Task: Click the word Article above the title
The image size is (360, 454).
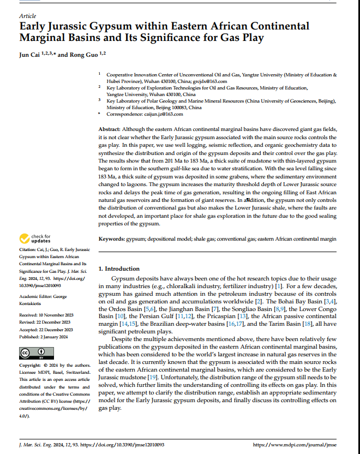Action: [x=27, y=16]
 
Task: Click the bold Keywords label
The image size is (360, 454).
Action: [x=111, y=239]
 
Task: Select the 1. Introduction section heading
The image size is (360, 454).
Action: [x=119, y=269]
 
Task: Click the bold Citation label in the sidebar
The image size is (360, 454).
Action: [x=28, y=249]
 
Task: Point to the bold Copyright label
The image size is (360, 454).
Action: [x=30, y=365]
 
